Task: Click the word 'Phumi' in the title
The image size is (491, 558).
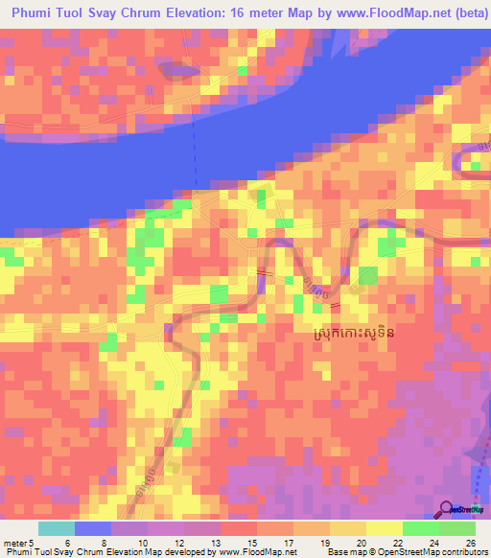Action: tap(35, 12)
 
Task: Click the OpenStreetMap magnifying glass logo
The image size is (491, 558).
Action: tap(448, 508)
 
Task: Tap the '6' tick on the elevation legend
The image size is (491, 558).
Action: tap(67, 544)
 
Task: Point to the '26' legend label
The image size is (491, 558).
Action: tap(469, 544)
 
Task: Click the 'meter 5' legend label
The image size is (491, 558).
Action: tap(16, 544)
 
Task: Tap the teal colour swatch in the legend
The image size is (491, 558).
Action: tap(57, 528)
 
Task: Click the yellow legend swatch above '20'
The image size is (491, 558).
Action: tap(348, 528)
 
